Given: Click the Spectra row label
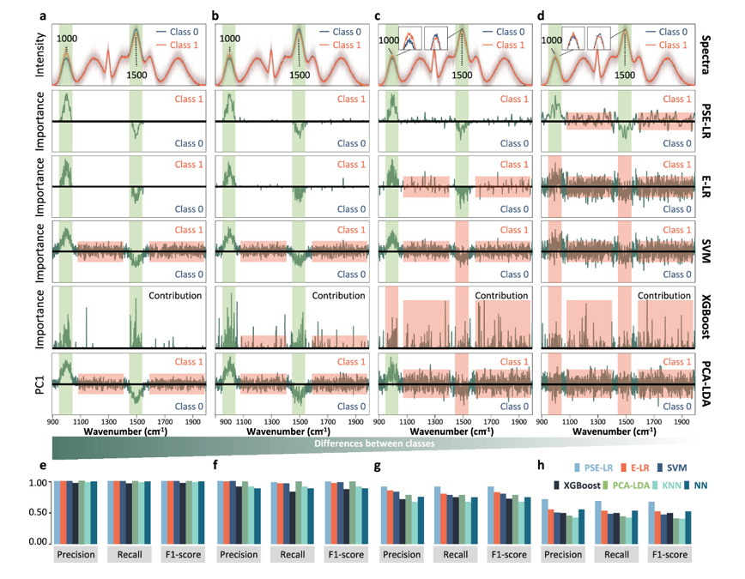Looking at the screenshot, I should pos(704,51).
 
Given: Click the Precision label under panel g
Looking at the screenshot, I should pos(402,554).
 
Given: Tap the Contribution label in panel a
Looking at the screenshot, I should pos(175,295).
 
